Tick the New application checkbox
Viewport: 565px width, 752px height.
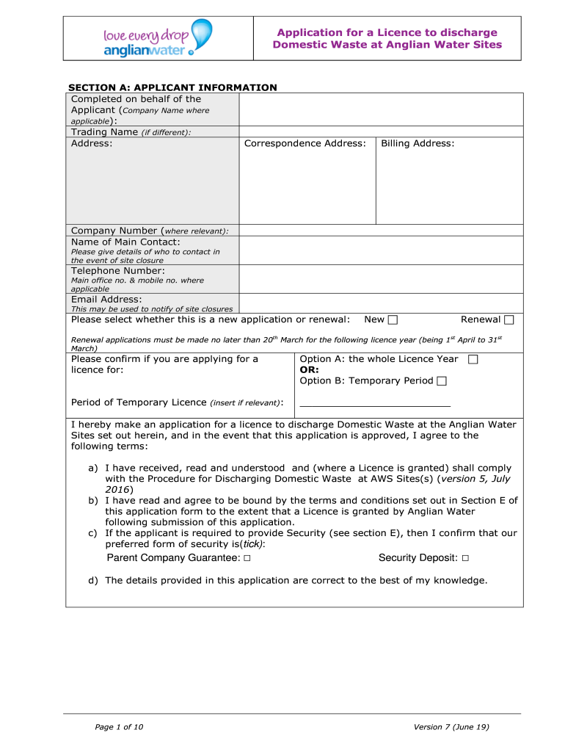(393, 319)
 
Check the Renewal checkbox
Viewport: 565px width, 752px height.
(509, 319)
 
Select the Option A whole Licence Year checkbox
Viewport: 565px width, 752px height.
(473, 359)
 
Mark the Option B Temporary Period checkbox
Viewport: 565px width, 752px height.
(441, 380)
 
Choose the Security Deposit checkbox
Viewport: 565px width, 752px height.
(465, 559)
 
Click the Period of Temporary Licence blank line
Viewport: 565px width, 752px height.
(375, 405)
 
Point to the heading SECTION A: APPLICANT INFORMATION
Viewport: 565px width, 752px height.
(172, 87)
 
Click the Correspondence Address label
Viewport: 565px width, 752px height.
(305, 143)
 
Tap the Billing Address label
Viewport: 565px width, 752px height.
(418, 143)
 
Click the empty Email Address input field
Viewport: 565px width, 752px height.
(381, 303)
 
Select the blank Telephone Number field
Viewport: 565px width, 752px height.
(381, 279)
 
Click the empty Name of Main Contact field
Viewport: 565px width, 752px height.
(381, 250)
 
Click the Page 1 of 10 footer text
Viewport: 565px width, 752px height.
(119, 727)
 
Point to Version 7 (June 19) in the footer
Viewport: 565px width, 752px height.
(451, 727)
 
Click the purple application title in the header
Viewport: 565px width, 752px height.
(387, 38)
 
